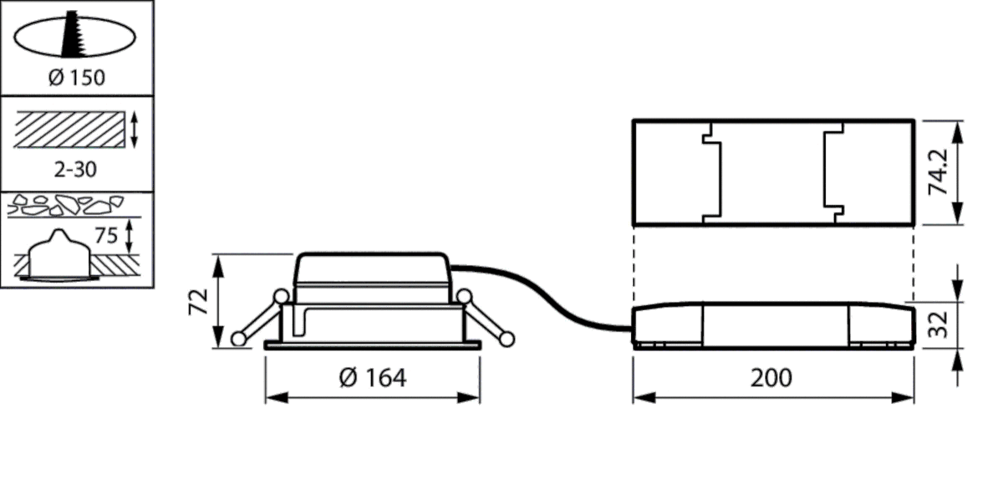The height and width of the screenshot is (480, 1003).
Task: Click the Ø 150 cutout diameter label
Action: coord(76,79)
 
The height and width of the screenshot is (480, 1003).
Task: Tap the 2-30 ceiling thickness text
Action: coord(76,170)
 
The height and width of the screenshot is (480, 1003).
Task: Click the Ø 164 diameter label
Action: coord(373,378)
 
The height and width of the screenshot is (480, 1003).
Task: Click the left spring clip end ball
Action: coord(239,338)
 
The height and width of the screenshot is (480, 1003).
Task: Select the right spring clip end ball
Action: coord(507,338)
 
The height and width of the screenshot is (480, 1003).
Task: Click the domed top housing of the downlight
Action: coord(372,276)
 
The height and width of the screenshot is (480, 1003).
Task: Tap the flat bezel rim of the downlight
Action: coord(372,345)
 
